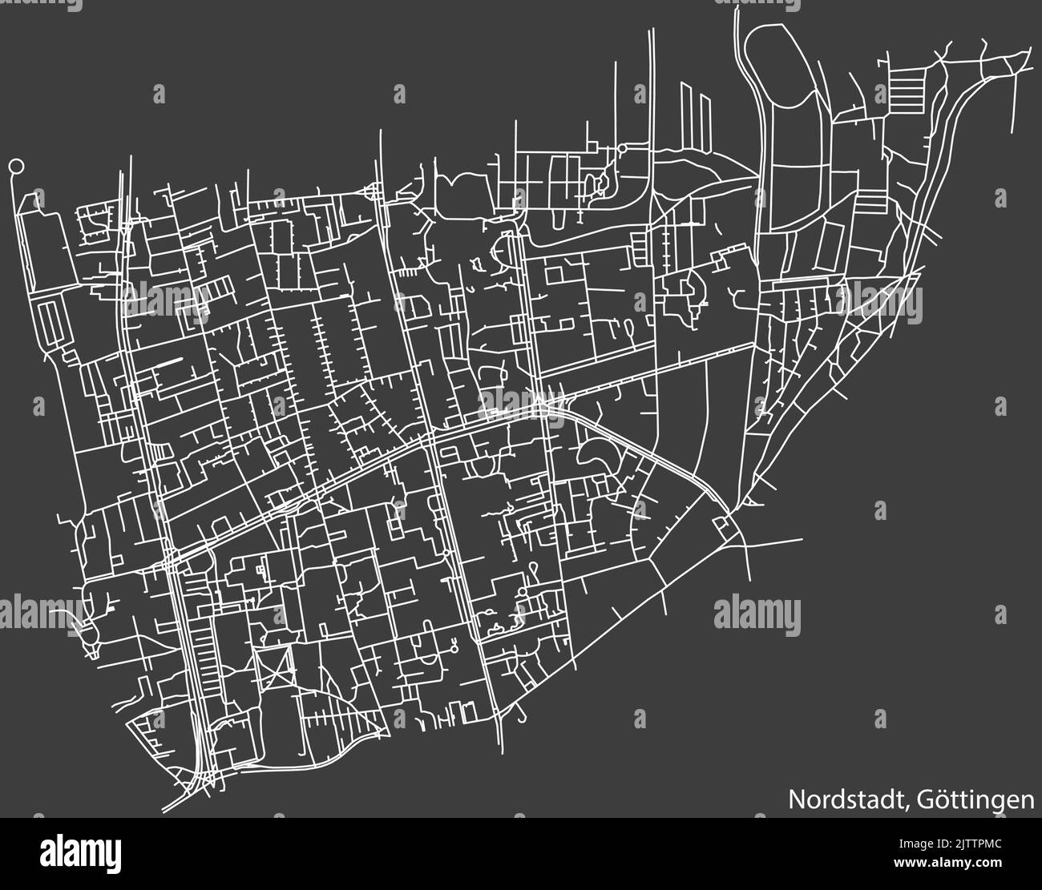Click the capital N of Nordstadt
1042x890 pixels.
point(797,800)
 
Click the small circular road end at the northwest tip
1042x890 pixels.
point(15,167)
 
